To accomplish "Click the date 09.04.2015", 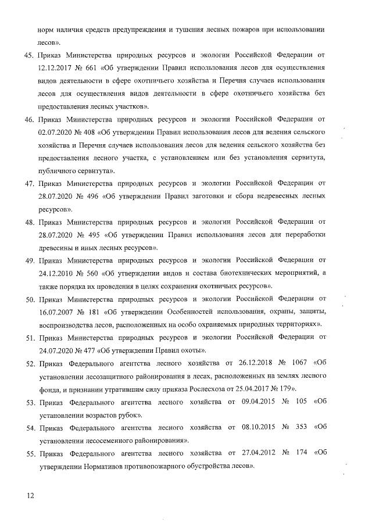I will (x=252, y=402).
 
